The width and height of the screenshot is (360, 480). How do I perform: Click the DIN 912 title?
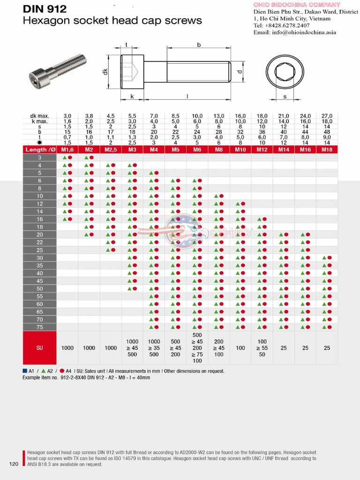[x=45, y=8]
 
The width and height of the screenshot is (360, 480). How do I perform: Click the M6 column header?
[x=197, y=150]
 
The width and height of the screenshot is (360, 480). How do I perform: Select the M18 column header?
[x=327, y=150]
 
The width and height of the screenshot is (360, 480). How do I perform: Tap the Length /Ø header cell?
[x=40, y=150]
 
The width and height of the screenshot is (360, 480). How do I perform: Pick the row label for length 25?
[x=40, y=250]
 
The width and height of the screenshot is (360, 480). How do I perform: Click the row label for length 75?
[x=40, y=327]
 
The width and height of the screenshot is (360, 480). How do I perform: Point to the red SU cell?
[x=40, y=348]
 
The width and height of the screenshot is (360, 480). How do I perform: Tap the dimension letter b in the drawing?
[x=199, y=45]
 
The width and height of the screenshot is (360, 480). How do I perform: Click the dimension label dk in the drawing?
[x=106, y=72]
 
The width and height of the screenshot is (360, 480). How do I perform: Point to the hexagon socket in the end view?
[x=285, y=72]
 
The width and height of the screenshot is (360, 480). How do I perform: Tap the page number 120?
[x=14, y=464]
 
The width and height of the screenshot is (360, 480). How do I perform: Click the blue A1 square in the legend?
[x=25, y=371]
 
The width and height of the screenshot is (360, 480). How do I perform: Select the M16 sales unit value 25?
[x=305, y=348]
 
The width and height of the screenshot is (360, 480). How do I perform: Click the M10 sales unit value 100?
[x=240, y=348]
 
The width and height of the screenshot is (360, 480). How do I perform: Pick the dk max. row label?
[x=40, y=116]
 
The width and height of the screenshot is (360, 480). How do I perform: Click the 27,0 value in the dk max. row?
[x=327, y=116]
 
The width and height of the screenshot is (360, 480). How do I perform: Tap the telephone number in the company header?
[x=281, y=25]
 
